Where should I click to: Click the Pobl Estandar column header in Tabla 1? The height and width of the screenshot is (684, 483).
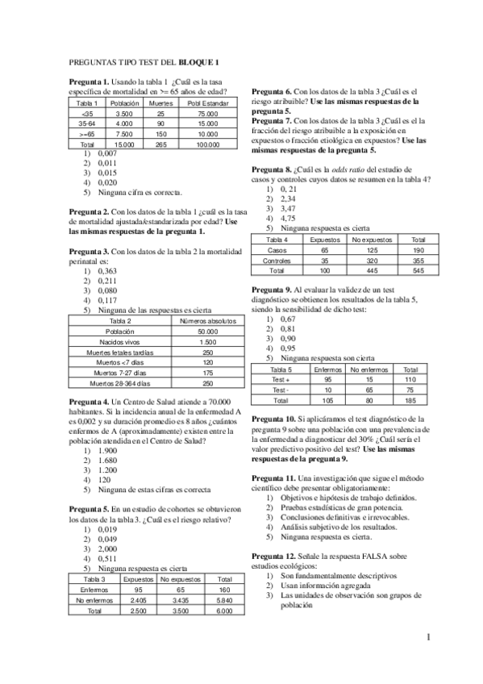(x=208, y=103)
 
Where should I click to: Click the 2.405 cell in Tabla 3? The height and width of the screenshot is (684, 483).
(x=138, y=600)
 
